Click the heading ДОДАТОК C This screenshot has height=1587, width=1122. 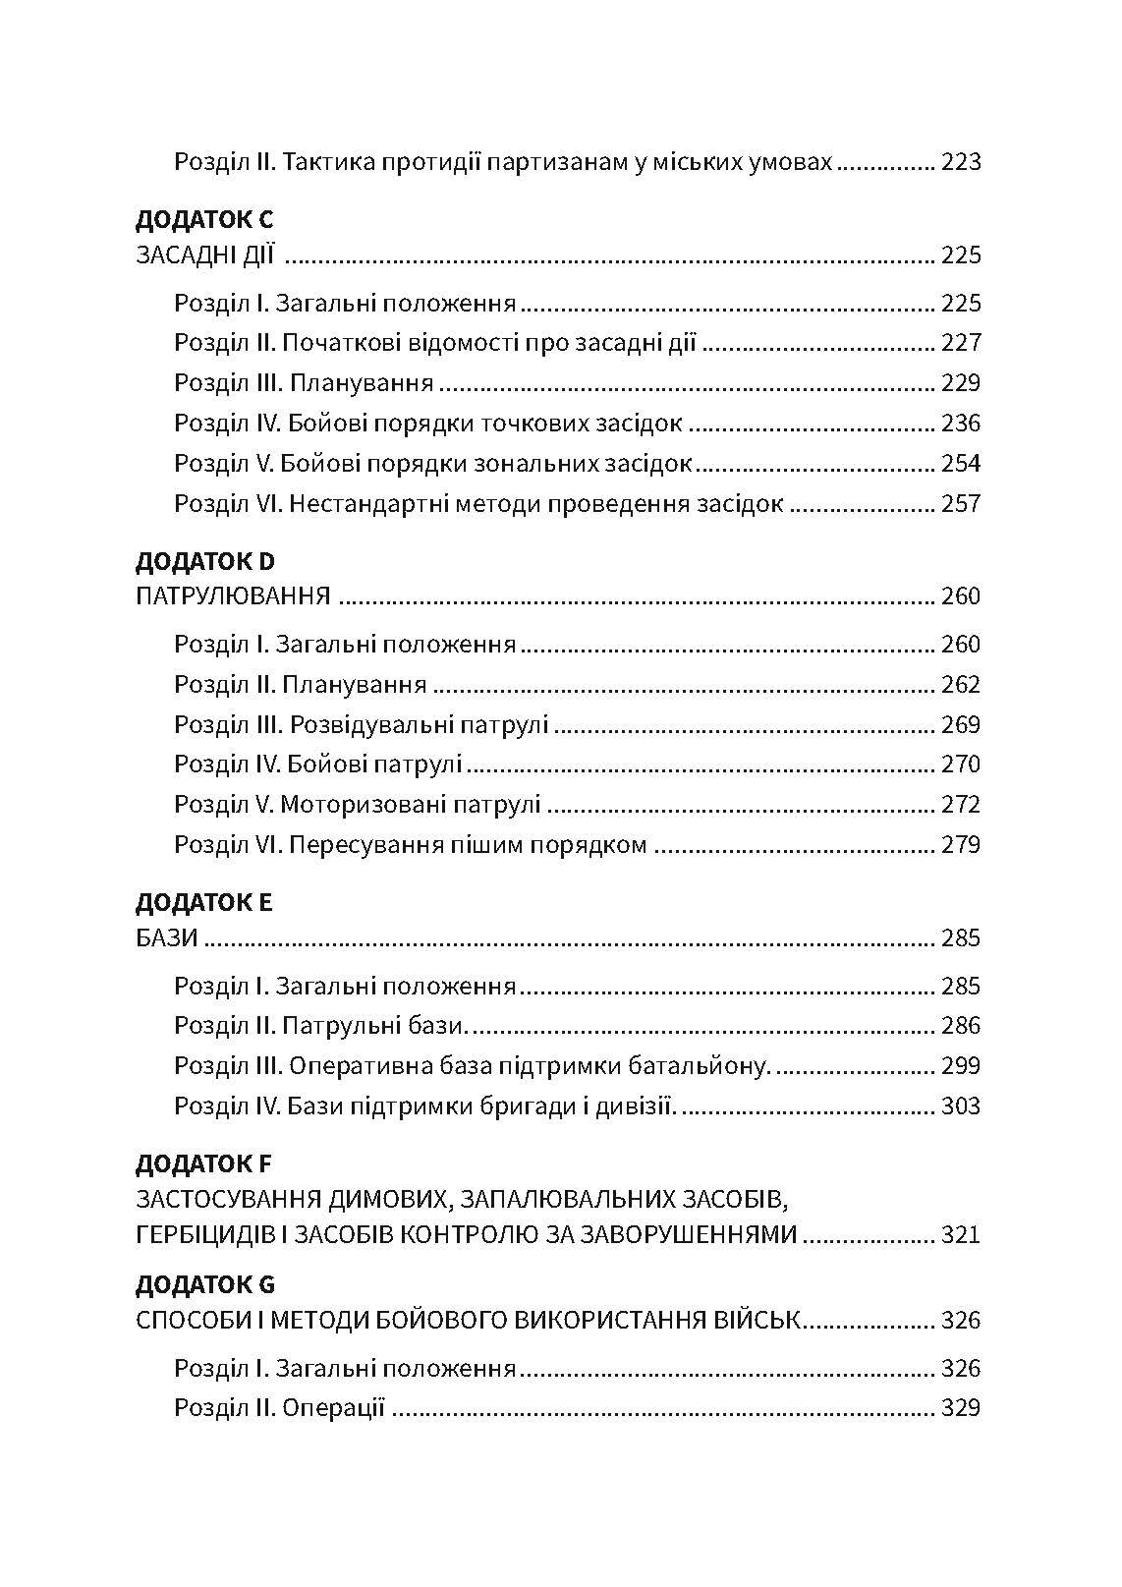coord(204,219)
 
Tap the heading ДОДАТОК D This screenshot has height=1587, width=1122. coord(204,561)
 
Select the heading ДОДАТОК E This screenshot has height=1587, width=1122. coord(203,902)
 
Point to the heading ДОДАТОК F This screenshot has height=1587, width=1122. coord(203,1163)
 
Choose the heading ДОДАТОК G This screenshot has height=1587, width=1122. coord(205,1284)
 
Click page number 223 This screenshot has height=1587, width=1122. coord(960,162)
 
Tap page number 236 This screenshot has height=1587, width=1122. coord(960,424)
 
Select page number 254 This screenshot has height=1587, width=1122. coord(960,464)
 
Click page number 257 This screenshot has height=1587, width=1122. coord(960,504)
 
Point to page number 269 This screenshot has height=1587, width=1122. coord(960,725)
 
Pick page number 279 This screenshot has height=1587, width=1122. coord(960,845)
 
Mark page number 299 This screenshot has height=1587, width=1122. coord(960,1066)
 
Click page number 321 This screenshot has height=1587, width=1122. coord(960,1234)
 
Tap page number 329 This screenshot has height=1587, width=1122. coord(960,1408)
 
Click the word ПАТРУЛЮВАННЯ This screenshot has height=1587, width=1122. coord(232,596)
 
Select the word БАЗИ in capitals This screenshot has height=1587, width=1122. coord(167,938)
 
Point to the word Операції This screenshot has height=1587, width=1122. coord(333,1408)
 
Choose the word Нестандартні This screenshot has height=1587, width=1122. coord(365,504)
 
